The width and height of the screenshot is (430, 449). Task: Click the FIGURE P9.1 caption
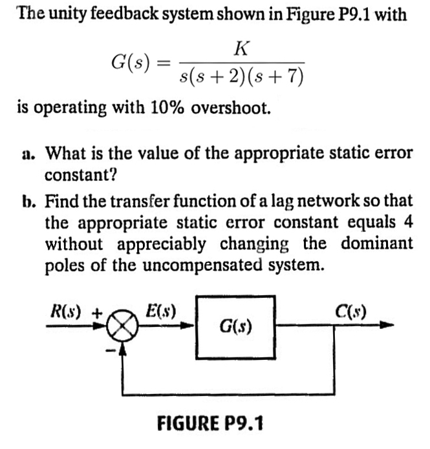pyautogui.click(x=211, y=424)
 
